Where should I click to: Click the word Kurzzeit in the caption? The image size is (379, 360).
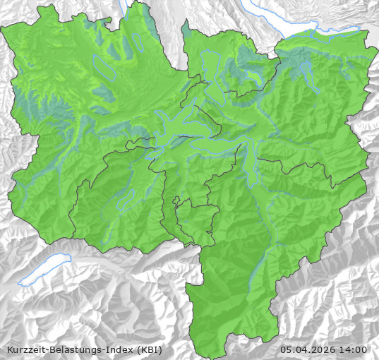(25, 349)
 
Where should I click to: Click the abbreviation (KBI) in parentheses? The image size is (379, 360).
(150, 349)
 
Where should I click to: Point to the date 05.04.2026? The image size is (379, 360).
(308, 349)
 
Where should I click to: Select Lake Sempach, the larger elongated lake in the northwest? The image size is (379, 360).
(104, 68)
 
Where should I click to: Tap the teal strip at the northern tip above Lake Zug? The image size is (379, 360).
(186, 30)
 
